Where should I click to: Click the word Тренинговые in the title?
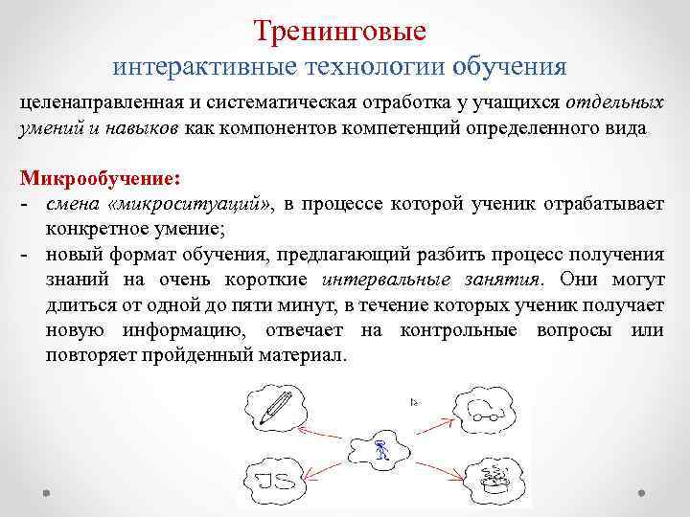click(340, 31)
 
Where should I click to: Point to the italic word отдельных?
click(614, 102)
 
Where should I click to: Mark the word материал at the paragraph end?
click(310, 354)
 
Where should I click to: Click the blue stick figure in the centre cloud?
click(381, 451)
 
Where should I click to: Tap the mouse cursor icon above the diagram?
click(414, 402)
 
